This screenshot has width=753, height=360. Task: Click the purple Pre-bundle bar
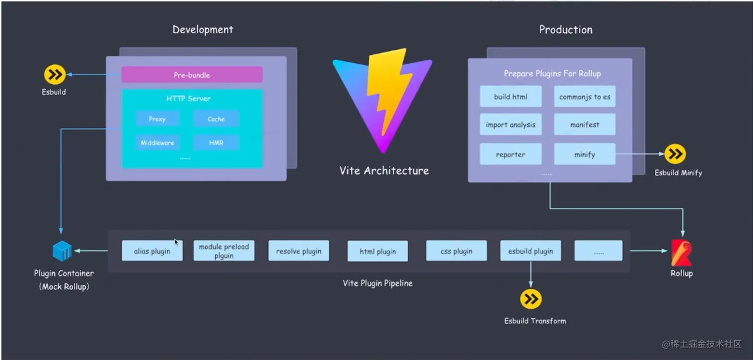click(x=192, y=75)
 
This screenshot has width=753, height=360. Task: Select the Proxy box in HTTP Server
click(x=157, y=119)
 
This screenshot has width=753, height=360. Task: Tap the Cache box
click(x=216, y=119)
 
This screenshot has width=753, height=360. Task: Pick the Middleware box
click(x=157, y=143)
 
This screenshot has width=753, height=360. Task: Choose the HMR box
click(x=216, y=143)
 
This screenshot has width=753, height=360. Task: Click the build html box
click(x=510, y=97)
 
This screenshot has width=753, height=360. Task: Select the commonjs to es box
click(x=585, y=97)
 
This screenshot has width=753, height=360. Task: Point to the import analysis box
click(x=510, y=125)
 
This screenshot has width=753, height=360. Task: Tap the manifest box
click(x=585, y=125)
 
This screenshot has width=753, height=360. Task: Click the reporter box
click(x=510, y=154)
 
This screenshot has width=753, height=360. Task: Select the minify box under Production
click(x=585, y=154)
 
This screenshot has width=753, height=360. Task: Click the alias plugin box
click(x=152, y=251)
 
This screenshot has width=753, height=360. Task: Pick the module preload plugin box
click(x=224, y=251)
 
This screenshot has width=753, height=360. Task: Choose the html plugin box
click(x=377, y=251)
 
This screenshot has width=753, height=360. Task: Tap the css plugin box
click(x=456, y=251)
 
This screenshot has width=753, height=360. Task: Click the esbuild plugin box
click(x=530, y=251)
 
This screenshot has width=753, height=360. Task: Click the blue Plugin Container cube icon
click(x=62, y=251)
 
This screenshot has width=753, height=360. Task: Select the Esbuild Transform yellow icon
click(x=530, y=299)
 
